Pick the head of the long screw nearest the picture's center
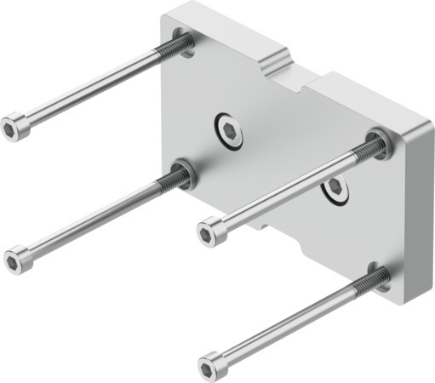(210, 230)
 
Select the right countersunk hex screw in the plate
(335, 189)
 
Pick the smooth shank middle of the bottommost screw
(289, 323)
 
